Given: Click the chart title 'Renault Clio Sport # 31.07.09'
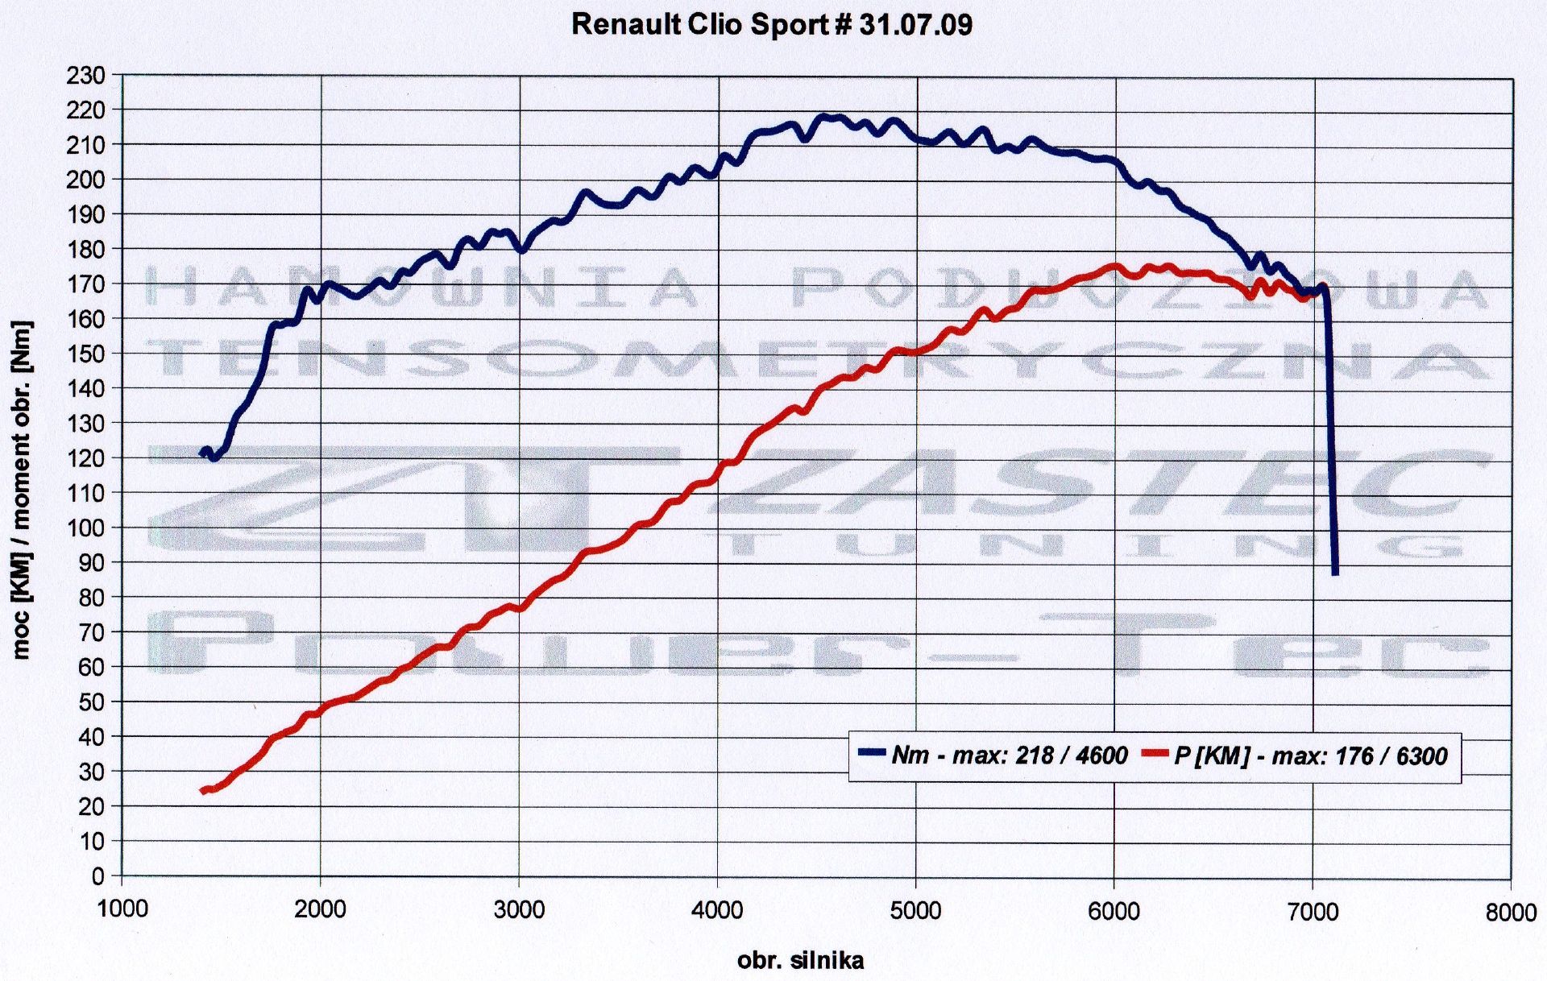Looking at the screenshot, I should click(x=771, y=25).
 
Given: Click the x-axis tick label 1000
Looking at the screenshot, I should click(x=122, y=911).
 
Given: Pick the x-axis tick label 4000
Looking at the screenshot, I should click(x=718, y=911).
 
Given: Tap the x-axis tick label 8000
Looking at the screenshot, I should click(x=1512, y=913).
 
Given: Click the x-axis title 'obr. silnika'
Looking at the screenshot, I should click(x=800, y=961).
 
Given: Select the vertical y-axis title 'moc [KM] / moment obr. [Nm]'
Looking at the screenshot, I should click(x=22, y=490).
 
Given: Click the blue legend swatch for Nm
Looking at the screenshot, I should click(x=872, y=754).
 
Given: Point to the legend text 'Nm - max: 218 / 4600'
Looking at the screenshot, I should click(x=1009, y=755).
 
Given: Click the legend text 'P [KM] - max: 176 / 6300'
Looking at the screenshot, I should click(x=1311, y=755).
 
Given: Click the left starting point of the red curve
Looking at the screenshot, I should click(x=203, y=791).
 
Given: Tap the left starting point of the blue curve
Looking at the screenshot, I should click(x=202, y=453).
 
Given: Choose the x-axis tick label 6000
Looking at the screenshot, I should click(x=1114, y=911).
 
